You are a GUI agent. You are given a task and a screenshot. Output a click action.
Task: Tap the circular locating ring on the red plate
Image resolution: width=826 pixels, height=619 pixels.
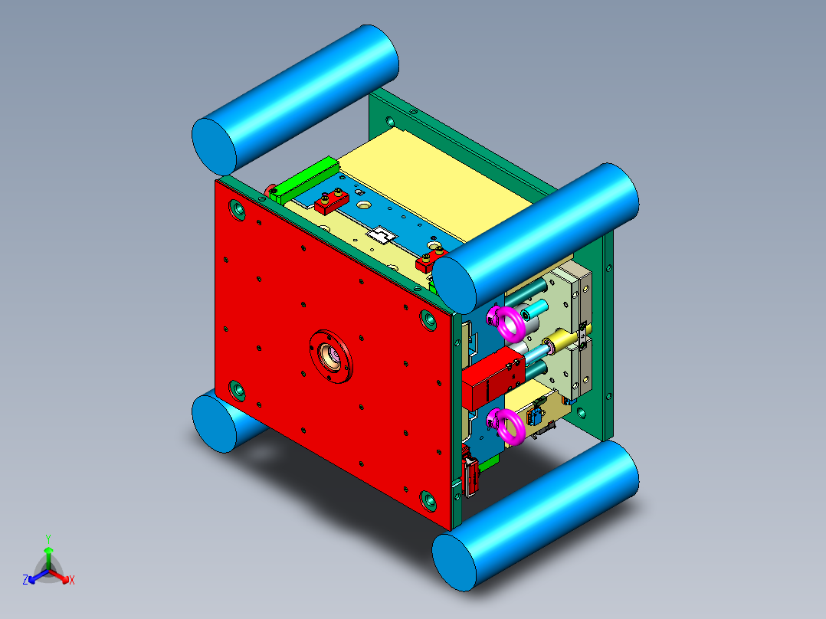pyautogui.click(x=331, y=357)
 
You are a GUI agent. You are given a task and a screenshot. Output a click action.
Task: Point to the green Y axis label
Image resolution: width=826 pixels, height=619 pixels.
pyautogui.click(x=48, y=539)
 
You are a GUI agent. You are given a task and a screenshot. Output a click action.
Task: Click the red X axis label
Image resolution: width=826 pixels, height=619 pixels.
pyautogui.click(x=72, y=581)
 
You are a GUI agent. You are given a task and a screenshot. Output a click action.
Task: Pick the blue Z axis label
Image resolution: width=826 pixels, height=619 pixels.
pyautogui.click(x=25, y=580)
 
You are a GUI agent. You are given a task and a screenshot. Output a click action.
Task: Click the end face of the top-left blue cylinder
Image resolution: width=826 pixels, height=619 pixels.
pyautogui.click(x=214, y=147)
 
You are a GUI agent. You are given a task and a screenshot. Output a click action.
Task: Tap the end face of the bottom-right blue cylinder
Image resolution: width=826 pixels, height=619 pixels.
pyautogui.click(x=454, y=562)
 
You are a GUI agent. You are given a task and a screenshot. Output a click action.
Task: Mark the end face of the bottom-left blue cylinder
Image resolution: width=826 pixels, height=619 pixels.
pyautogui.click(x=214, y=424)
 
